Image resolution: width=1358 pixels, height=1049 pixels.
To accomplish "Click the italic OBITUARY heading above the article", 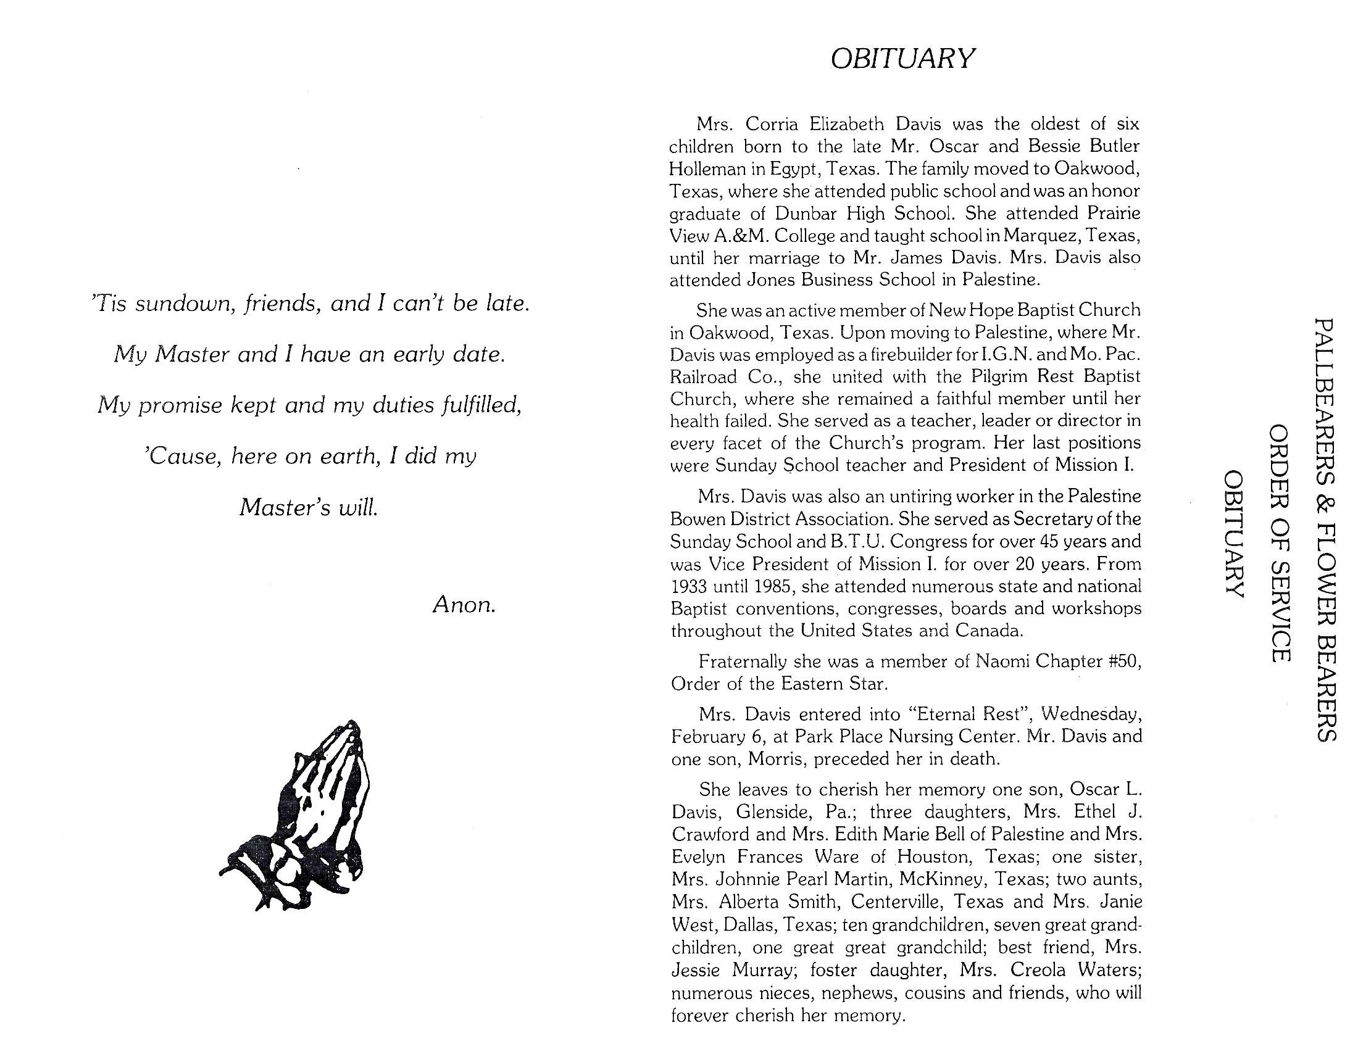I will pyautogui.click(x=902, y=59).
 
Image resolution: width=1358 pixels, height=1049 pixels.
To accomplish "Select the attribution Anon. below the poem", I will pyautogui.click(x=464, y=604).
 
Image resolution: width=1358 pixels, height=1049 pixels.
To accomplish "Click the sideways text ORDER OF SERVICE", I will pyautogui.click(x=1280, y=544).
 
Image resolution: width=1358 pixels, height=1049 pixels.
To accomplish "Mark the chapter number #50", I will pyautogui.click(x=1124, y=661).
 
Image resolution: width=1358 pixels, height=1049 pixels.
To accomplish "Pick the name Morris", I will pyautogui.click(x=775, y=759).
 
